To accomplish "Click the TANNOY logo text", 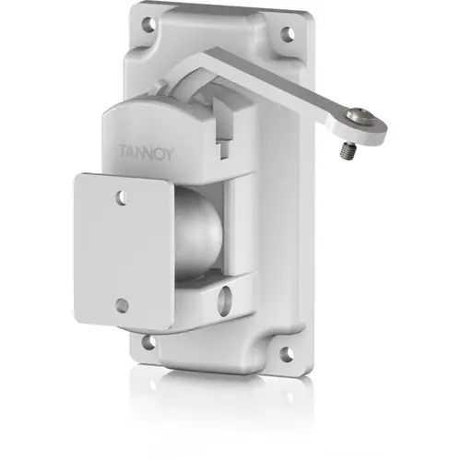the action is coord(147,153).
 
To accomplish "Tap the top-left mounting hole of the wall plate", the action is coord(148,23).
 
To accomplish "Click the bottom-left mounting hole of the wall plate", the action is coord(149,341).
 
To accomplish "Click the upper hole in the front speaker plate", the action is coord(121,197).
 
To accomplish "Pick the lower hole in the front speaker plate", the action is coord(122,305).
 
